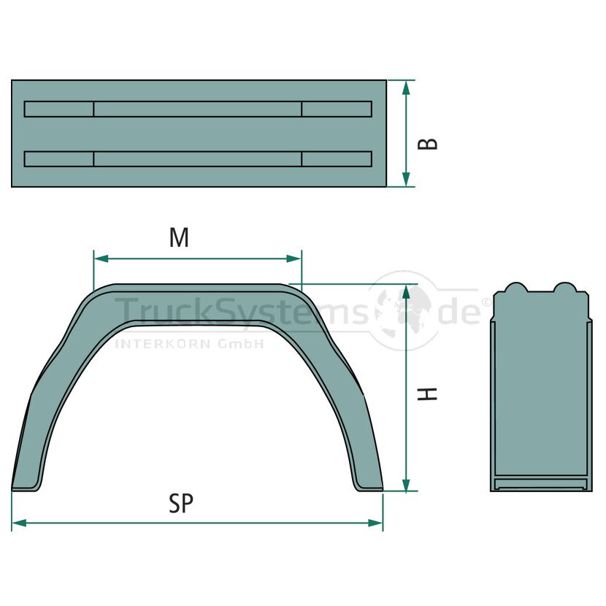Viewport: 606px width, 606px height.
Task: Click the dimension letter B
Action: point(428,143)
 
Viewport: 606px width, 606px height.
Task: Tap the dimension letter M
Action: point(180,237)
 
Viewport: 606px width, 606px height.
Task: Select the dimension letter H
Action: point(428,394)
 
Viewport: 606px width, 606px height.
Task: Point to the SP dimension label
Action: point(181,503)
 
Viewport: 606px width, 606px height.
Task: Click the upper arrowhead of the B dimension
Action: point(406,88)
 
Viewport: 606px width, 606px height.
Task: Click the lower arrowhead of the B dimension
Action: point(406,180)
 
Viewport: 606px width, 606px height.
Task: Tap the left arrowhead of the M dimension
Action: point(101,258)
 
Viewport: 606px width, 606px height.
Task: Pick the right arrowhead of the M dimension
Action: point(294,258)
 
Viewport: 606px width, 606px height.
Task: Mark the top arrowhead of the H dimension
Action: point(406,293)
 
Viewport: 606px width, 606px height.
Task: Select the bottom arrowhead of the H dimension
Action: point(406,484)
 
